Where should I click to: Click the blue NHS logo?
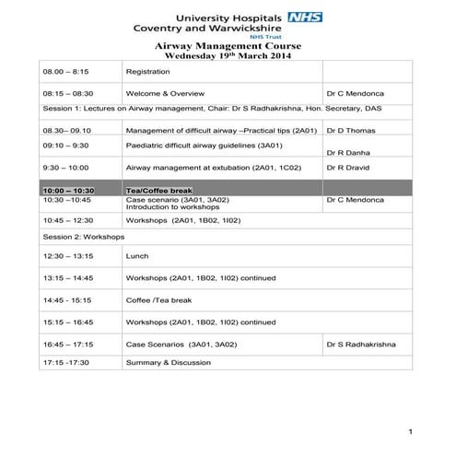[305, 17]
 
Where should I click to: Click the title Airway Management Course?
[228, 45]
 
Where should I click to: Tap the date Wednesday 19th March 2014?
[228, 55]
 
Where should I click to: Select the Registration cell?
[147, 71]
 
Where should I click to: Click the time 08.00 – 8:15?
[65, 71]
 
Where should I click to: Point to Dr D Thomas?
[351, 131]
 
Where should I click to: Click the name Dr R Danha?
[348, 153]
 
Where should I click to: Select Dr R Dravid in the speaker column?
[349, 169]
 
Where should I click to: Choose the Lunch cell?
[136, 256]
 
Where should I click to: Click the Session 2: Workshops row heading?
[84, 237]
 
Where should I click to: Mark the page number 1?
[410, 431]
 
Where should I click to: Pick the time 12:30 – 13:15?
[67, 256]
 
